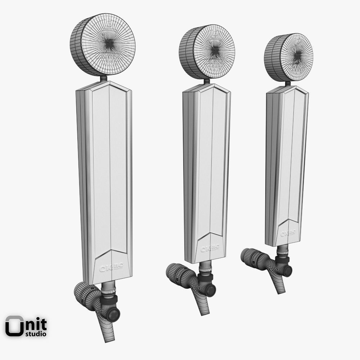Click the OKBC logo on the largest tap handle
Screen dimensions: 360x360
tap(112, 266)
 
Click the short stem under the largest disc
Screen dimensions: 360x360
tap(103, 78)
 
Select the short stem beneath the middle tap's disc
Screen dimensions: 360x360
tap(207, 82)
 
